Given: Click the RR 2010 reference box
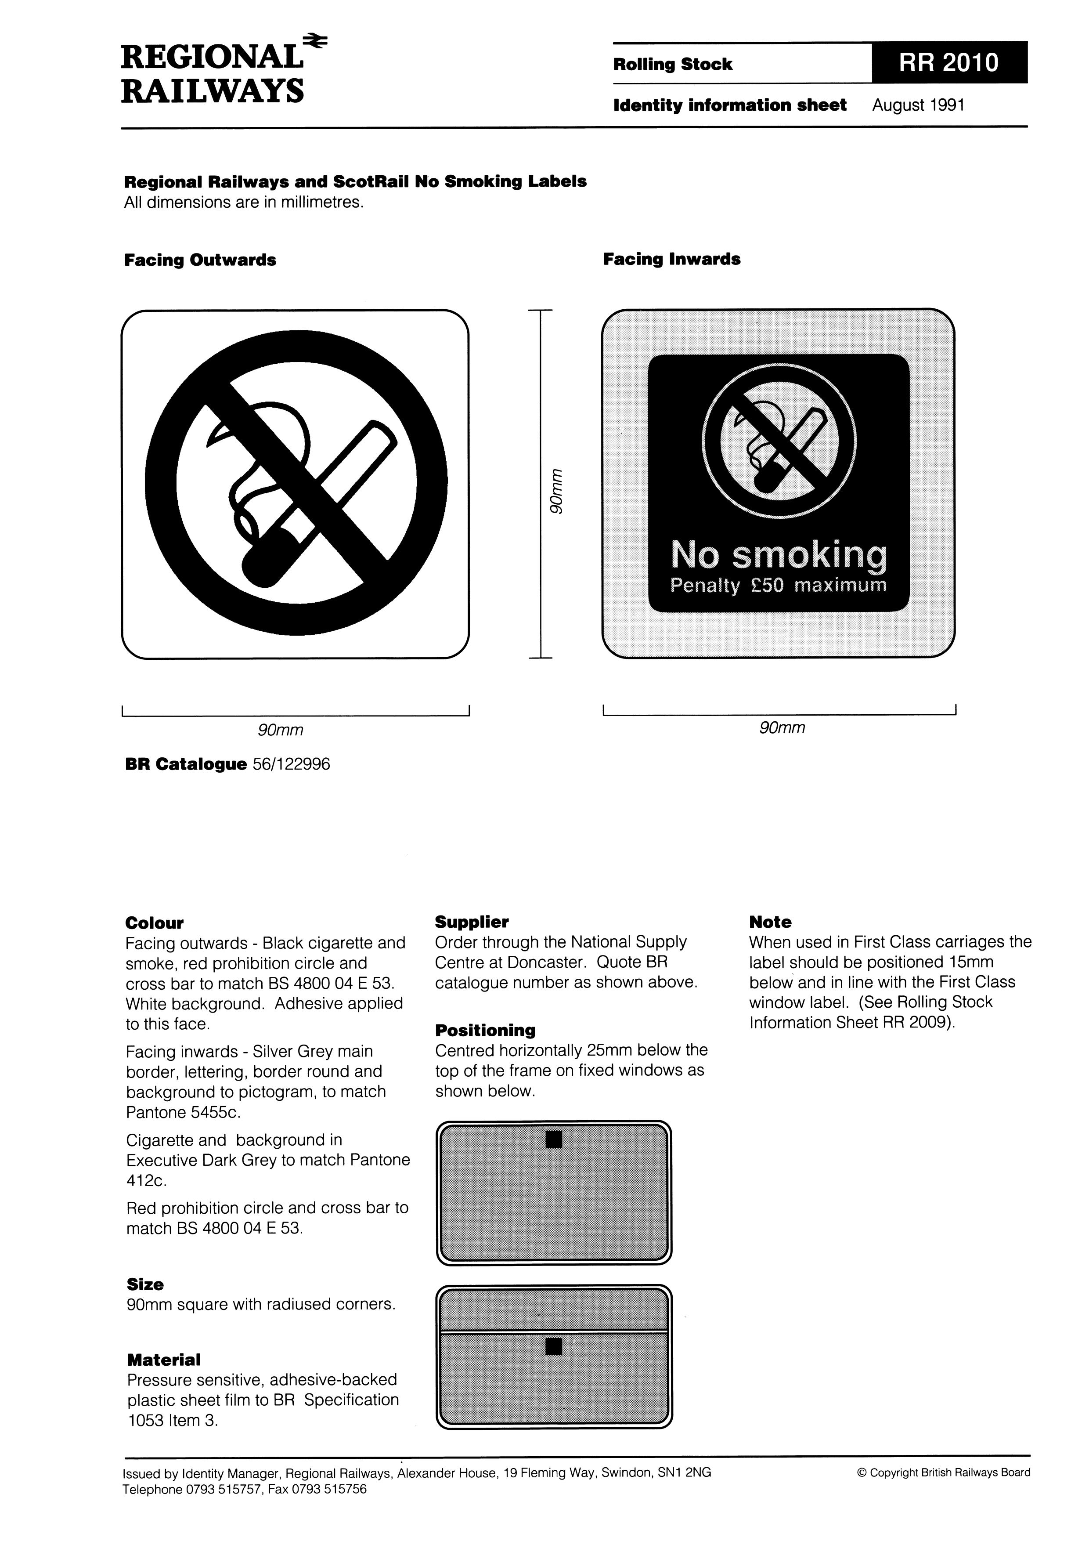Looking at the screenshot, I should pos(949,62).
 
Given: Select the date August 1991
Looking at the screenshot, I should pos(918,105).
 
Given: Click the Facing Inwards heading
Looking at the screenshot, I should pos(672,260).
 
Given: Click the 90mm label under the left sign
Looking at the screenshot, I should pos(281,730).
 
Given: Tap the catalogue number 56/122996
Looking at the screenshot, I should pos(291,764).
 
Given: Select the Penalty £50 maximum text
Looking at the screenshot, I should pos(779,585).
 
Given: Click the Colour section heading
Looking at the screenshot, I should pos(154,923).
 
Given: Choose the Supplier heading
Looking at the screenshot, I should pos(472,922).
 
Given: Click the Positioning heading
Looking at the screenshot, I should pos(485,1030).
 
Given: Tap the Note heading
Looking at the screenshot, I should pos(770,922).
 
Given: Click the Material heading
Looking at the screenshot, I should pos(164,1360).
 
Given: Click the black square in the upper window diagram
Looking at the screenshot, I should pos(554,1139).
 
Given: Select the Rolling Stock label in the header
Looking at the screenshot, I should pos(672,65).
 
